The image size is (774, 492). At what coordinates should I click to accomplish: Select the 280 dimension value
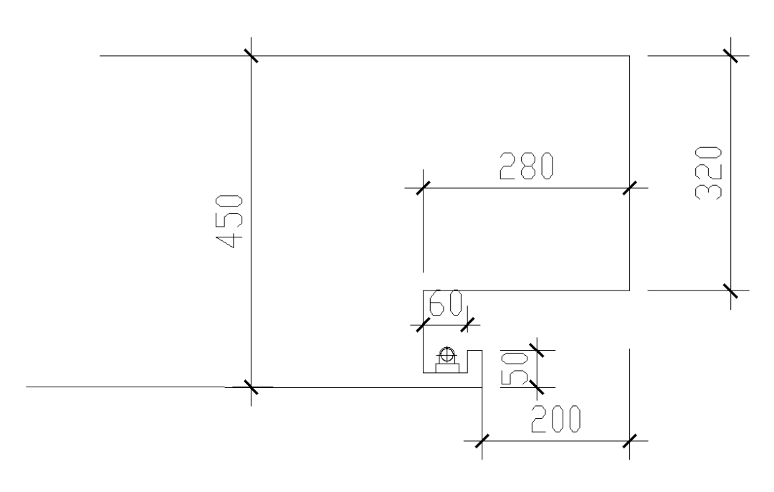526,166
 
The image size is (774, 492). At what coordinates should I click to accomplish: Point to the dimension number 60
444,306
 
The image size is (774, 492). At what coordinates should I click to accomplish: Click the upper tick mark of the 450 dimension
251,55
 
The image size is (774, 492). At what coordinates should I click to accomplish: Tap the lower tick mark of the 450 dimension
251,387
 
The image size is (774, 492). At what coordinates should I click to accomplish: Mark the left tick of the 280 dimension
423,188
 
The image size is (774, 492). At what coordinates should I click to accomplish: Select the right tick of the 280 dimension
629,188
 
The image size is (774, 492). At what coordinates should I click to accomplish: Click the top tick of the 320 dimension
730,55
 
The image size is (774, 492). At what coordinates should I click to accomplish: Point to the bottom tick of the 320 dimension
730,290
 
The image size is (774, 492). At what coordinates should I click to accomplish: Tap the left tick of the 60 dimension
423,325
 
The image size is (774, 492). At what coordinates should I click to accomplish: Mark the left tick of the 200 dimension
482,440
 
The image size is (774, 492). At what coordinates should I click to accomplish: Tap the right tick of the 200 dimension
629,440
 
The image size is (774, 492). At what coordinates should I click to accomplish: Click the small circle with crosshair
448,354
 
